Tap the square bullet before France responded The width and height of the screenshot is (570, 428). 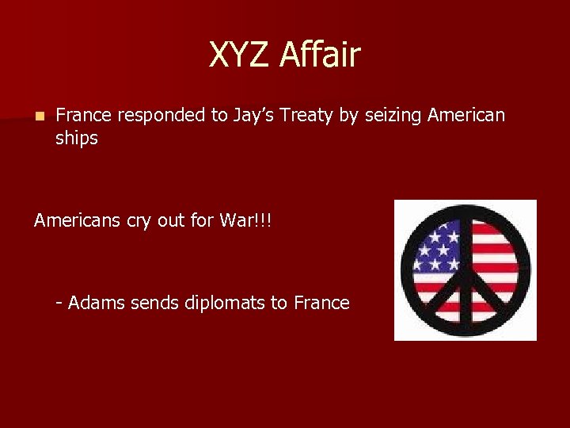(40, 117)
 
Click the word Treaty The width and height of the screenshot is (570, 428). (313, 117)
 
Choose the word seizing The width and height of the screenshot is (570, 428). (393, 117)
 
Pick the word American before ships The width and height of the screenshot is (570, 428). (466, 116)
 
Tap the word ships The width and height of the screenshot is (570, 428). (77, 139)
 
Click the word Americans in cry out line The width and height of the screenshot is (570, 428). (77, 220)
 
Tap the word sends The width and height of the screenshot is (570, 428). (151, 303)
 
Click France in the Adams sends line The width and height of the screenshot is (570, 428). (321, 303)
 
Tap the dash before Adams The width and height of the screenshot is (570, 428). (59, 304)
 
